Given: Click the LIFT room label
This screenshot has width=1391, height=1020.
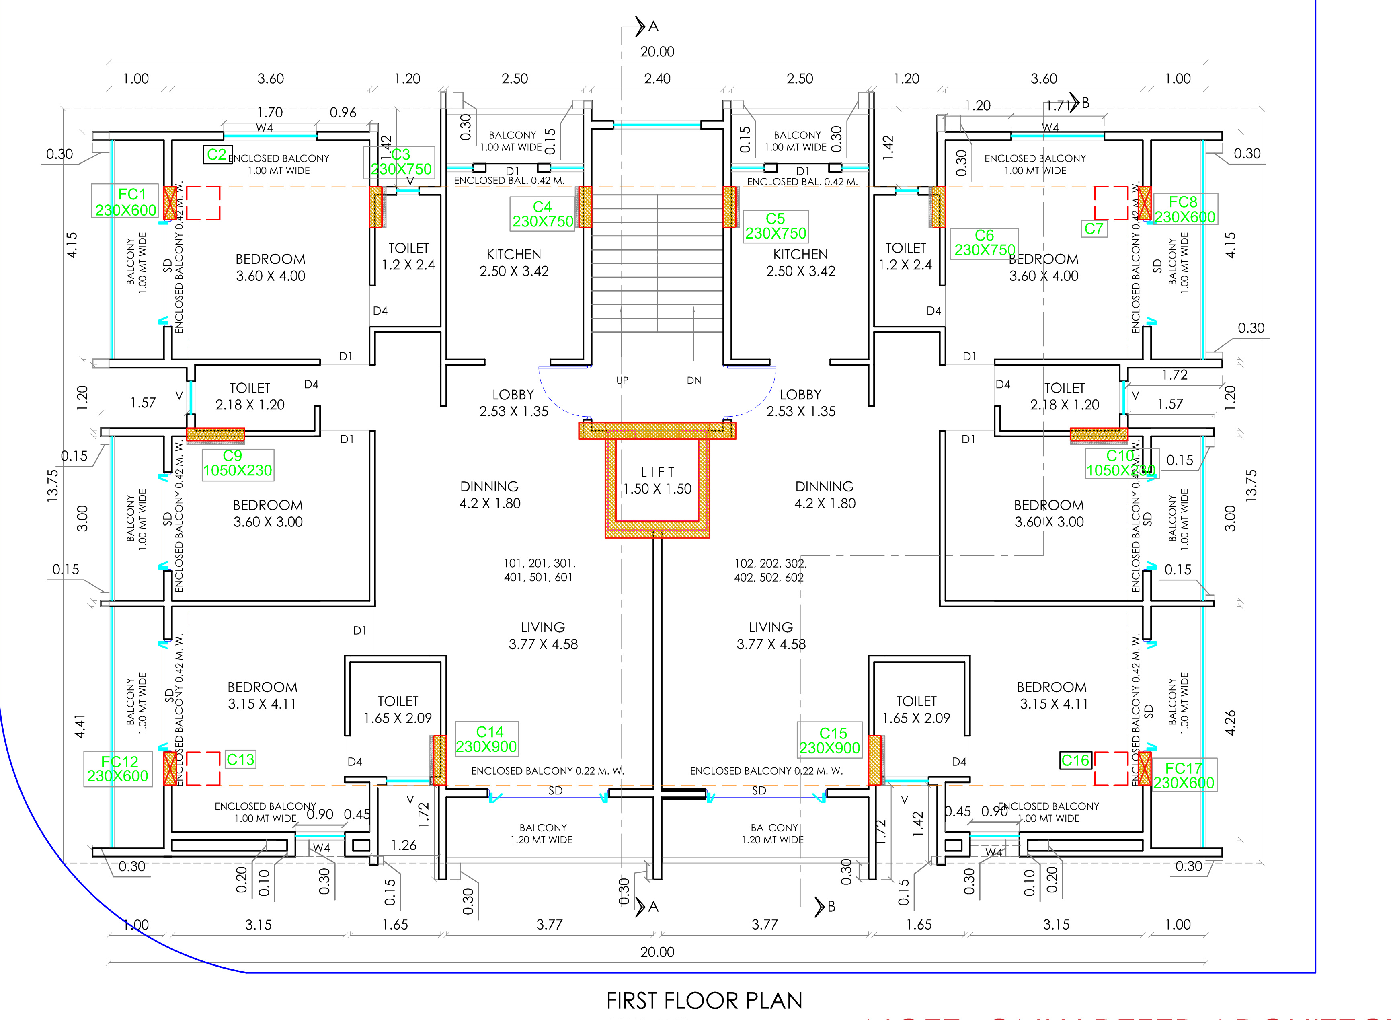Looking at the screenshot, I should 657,480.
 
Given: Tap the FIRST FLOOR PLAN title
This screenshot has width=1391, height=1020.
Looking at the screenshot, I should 704,1000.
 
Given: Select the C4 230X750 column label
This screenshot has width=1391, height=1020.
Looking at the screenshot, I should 542,214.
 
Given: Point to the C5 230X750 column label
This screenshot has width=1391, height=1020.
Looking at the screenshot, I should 776,226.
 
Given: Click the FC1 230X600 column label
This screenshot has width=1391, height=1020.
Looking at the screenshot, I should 126,202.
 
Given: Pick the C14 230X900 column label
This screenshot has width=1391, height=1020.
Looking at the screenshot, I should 486,739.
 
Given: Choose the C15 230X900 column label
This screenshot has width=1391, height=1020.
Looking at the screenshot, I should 830,740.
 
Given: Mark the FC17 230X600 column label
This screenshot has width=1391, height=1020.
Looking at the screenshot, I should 1184,775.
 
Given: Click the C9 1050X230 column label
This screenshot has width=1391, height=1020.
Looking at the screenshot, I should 238,463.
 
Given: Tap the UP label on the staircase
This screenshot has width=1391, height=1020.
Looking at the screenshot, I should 622,380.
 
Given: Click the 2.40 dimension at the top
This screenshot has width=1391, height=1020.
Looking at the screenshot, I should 657,79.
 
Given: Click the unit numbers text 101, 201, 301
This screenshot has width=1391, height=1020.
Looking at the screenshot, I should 539,570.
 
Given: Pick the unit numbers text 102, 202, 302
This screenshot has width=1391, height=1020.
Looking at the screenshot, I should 770,570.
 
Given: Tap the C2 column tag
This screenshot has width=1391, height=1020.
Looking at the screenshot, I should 217,154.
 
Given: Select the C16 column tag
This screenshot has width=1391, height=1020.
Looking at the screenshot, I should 1076,760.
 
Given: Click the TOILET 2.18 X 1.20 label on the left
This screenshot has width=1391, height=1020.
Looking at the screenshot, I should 250,397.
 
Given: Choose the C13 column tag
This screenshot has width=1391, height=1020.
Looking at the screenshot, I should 240,759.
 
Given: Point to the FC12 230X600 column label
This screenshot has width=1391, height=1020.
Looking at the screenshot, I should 118,769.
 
